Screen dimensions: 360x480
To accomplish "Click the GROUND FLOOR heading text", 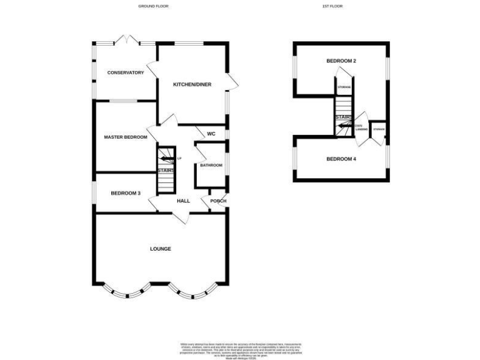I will click(x=153, y=6).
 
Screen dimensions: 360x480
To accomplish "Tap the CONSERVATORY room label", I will click(x=125, y=72).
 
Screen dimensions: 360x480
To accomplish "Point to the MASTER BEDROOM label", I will click(x=125, y=137).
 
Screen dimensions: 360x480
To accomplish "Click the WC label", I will click(x=211, y=133).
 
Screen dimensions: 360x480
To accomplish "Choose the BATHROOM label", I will click(x=211, y=165).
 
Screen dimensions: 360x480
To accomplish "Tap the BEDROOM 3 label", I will click(x=124, y=193).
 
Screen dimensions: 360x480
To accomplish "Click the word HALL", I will click(x=183, y=201).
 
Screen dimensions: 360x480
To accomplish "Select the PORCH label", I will click(x=218, y=201).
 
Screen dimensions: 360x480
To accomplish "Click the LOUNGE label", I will click(x=160, y=249).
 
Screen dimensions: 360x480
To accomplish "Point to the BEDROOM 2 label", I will click(x=341, y=61).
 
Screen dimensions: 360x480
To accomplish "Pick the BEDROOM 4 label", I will click(x=341, y=159).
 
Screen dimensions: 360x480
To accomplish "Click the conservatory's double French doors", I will click(x=126, y=41).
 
